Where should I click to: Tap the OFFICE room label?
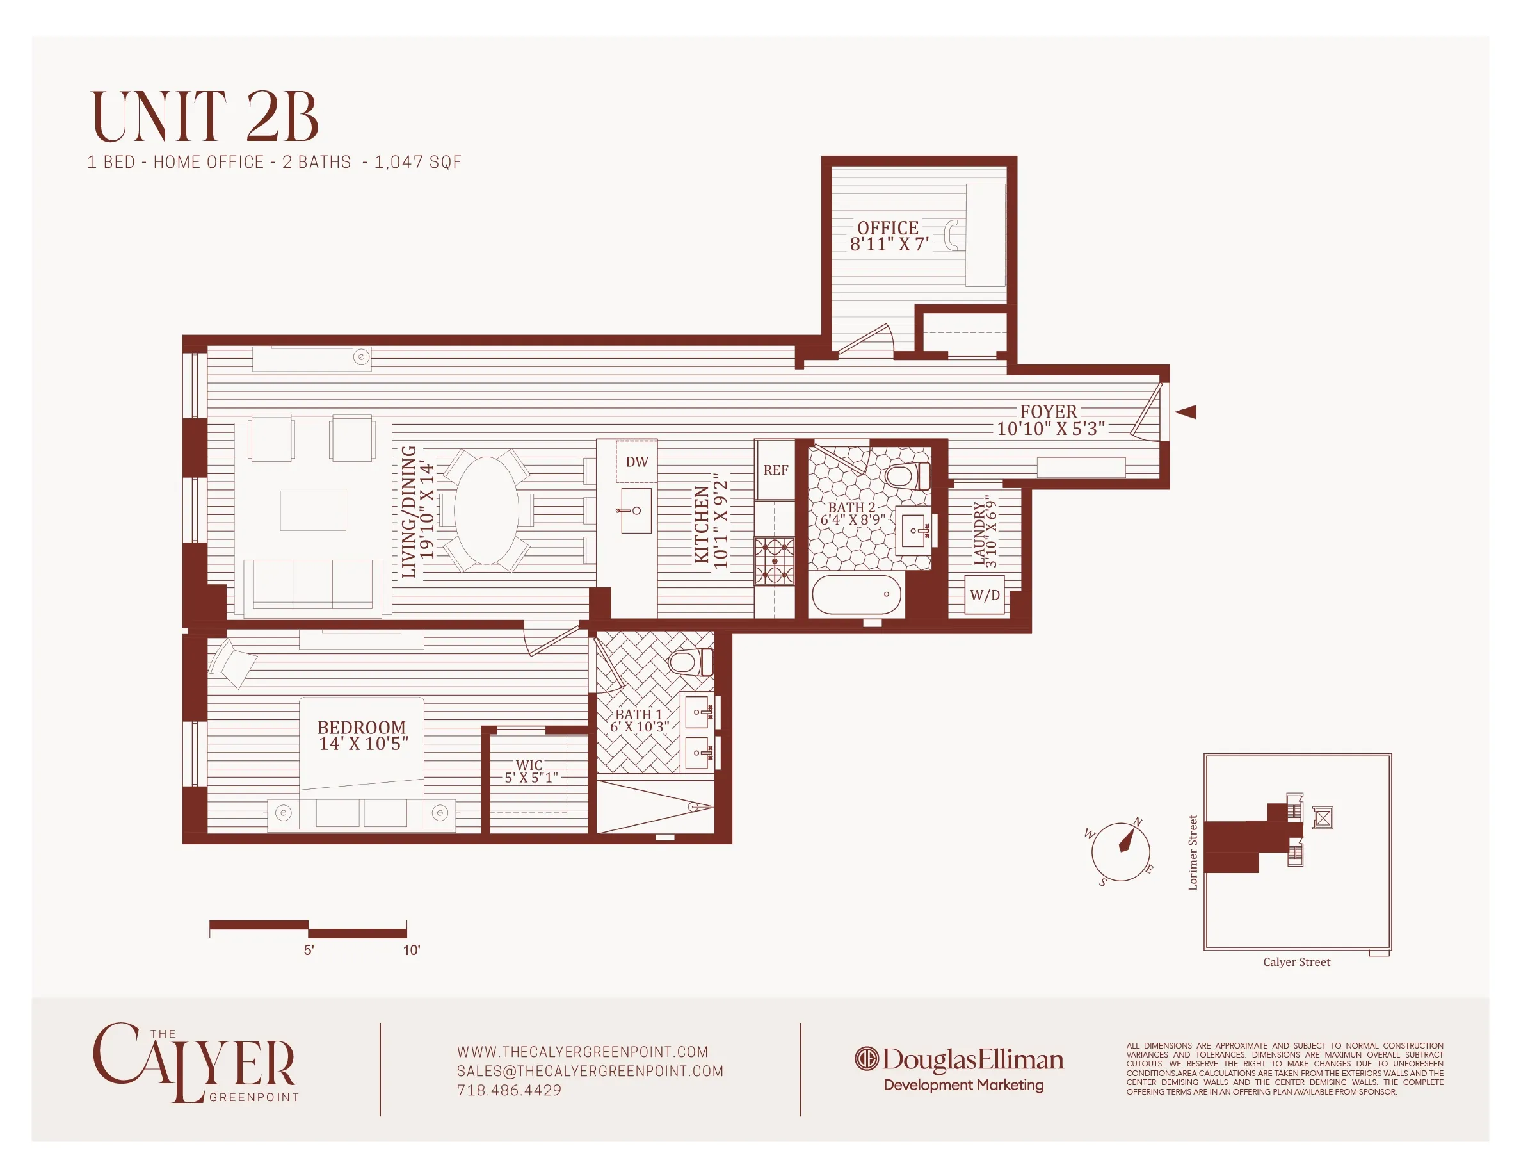coord(887,228)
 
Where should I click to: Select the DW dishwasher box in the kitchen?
coord(636,461)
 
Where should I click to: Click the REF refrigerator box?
coord(775,470)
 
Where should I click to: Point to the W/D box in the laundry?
coord(984,595)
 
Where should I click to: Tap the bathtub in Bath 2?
coord(856,594)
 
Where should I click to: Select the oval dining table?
coord(487,510)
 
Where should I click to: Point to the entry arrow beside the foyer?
coord(1186,412)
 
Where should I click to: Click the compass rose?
coord(1120,851)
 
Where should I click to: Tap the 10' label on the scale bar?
coord(412,951)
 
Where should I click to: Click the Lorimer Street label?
coord(1193,852)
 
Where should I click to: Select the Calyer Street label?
coord(1296,962)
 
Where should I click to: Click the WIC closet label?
coord(529,765)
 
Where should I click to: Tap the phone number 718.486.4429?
coord(509,1090)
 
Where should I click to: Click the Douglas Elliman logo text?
coord(972,1060)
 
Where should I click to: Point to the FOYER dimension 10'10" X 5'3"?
coord(1050,429)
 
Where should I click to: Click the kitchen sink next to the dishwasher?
coord(635,510)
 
